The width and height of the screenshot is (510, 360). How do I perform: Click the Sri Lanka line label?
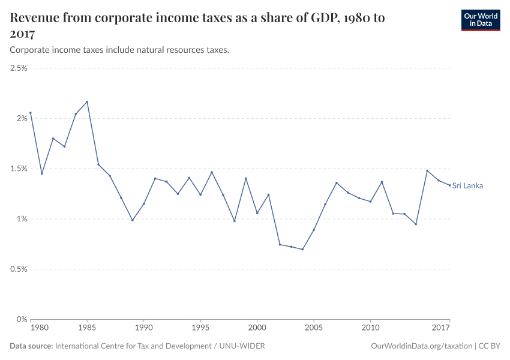[x=467, y=185]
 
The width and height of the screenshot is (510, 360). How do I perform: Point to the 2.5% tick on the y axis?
[x=19, y=68]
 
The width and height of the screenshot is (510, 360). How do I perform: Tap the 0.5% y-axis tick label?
[x=19, y=269]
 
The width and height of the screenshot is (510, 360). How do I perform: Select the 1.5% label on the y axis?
[x=19, y=169]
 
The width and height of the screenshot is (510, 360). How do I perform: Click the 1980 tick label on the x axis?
[x=40, y=328]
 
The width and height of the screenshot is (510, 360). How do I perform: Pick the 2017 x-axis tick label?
[x=441, y=328]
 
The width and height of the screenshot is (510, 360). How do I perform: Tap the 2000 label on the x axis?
[x=257, y=328]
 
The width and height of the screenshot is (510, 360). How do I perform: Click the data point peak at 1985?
[x=87, y=101]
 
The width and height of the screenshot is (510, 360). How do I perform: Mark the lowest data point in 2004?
[x=302, y=249]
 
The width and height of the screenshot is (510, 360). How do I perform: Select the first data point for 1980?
[x=31, y=113]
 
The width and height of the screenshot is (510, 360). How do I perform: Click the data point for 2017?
[x=449, y=185]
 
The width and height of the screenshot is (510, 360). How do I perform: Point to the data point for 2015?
[x=427, y=170]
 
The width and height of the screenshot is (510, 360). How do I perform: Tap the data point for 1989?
[x=133, y=220]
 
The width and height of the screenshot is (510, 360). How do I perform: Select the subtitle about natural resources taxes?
[x=119, y=50]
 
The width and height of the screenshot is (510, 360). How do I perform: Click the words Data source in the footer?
[x=31, y=346]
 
